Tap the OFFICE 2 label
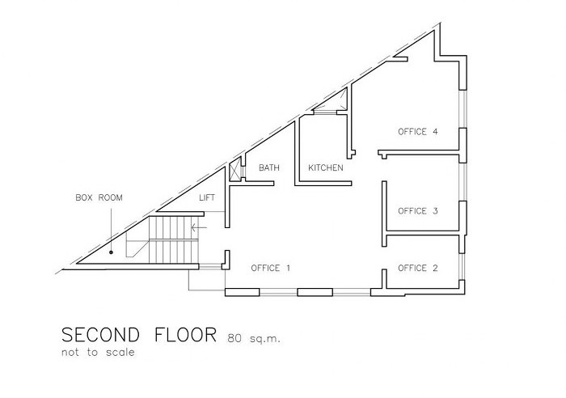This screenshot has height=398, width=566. pyautogui.click(x=418, y=268)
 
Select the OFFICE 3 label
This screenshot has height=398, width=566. pyautogui.click(x=418, y=211)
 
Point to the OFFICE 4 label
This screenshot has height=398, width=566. pyautogui.click(x=418, y=131)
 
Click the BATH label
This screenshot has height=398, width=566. pyautogui.click(x=268, y=168)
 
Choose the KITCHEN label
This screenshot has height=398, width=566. pyautogui.click(x=326, y=168)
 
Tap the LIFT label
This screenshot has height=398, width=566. pyautogui.click(x=208, y=197)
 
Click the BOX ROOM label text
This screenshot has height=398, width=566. pyautogui.click(x=98, y=197)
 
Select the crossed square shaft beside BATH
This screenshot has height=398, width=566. pyautogui.click(x=236, y=171)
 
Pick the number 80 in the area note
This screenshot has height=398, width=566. pyautogui.click(x=234, y=337)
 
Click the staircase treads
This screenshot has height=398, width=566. pyautogui.click(x=173, y=238)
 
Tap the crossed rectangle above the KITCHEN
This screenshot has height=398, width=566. pyautogui.click(x=332, y=100)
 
